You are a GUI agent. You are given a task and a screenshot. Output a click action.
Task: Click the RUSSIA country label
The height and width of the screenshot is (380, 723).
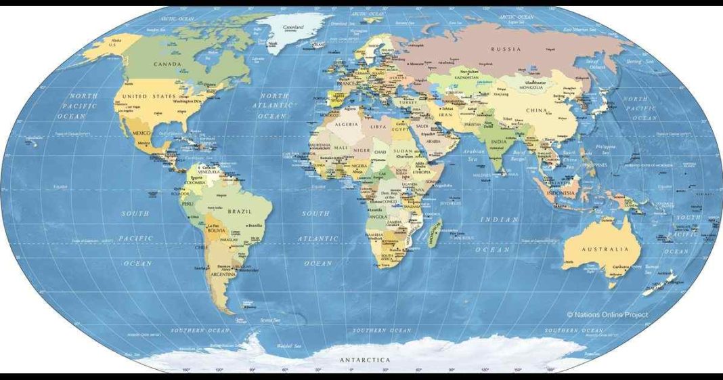tap(506, 49)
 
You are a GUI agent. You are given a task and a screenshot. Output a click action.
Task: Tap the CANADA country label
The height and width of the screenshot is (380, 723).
tap(167, 64)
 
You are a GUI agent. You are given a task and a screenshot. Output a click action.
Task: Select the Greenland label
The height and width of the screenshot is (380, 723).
tap(293, 28)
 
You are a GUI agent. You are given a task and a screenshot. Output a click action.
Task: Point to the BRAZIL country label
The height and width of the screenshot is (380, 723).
tap(240, 212)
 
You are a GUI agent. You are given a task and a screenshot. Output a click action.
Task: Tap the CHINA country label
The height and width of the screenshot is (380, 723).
tap(536, 110)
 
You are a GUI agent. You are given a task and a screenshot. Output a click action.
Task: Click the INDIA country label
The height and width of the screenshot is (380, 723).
tap(498, 142)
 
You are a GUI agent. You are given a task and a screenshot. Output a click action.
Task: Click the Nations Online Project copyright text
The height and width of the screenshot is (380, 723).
tap(607, 314)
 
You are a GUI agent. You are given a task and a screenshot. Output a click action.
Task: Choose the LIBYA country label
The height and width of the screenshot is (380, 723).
tap(378, 127)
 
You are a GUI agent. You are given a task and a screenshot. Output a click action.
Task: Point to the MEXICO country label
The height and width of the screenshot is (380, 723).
tap(141, 133)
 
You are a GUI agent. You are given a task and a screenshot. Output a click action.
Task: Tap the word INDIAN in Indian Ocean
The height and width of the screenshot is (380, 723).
tap(500, 219)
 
